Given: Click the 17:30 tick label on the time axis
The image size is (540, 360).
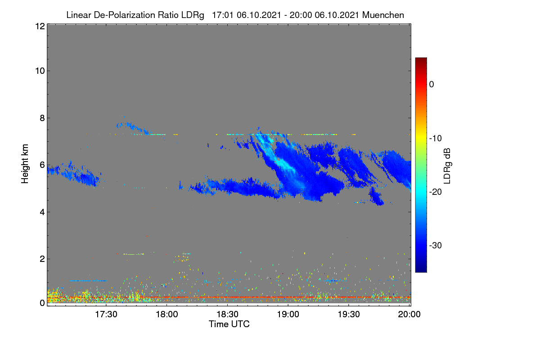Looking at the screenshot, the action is pyautogui.click(x=106, y=315).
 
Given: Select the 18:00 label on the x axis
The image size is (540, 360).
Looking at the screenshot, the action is pyautogui.click(x=167, y=315).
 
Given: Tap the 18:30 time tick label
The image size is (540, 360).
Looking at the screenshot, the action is pyautogui.click(x=227, y=315).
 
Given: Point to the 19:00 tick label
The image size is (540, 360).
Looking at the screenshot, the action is pyautogui.click(x=288, y=315).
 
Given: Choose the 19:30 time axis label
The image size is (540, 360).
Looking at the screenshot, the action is pyautogui.click(x=349, y=315).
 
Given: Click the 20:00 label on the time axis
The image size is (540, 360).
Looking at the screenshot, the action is pyautogui.click(x=409, y=315).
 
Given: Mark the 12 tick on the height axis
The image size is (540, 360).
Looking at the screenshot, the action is pyautogui.click(x=40, y=26).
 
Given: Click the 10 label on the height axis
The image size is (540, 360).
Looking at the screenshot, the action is pyautogui.click(x=40, y=71).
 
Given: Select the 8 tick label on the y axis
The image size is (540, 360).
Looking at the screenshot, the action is pyautogui.click(x=42, y=118).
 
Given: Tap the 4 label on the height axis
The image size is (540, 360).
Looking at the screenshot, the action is pyautogui.click(x=42, y=212).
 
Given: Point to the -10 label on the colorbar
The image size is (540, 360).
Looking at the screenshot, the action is pyautogui.click(x=436, y=139).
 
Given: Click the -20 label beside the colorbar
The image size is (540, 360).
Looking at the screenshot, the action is pyautogui.click(x=436, y=192).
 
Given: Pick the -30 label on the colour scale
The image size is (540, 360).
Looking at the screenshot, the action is pyautogui.click(x=436, y=245).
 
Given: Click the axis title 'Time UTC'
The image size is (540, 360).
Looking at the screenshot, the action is pyautogui.click(x=229, y=324).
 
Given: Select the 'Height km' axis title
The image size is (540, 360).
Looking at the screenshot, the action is pyautogui.click(x=25, y=164).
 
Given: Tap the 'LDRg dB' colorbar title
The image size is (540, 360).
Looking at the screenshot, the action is pyautogui.click(x=447, y=166).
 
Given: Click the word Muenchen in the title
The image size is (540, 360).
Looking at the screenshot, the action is pyautogui.click(x=383, y=15).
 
